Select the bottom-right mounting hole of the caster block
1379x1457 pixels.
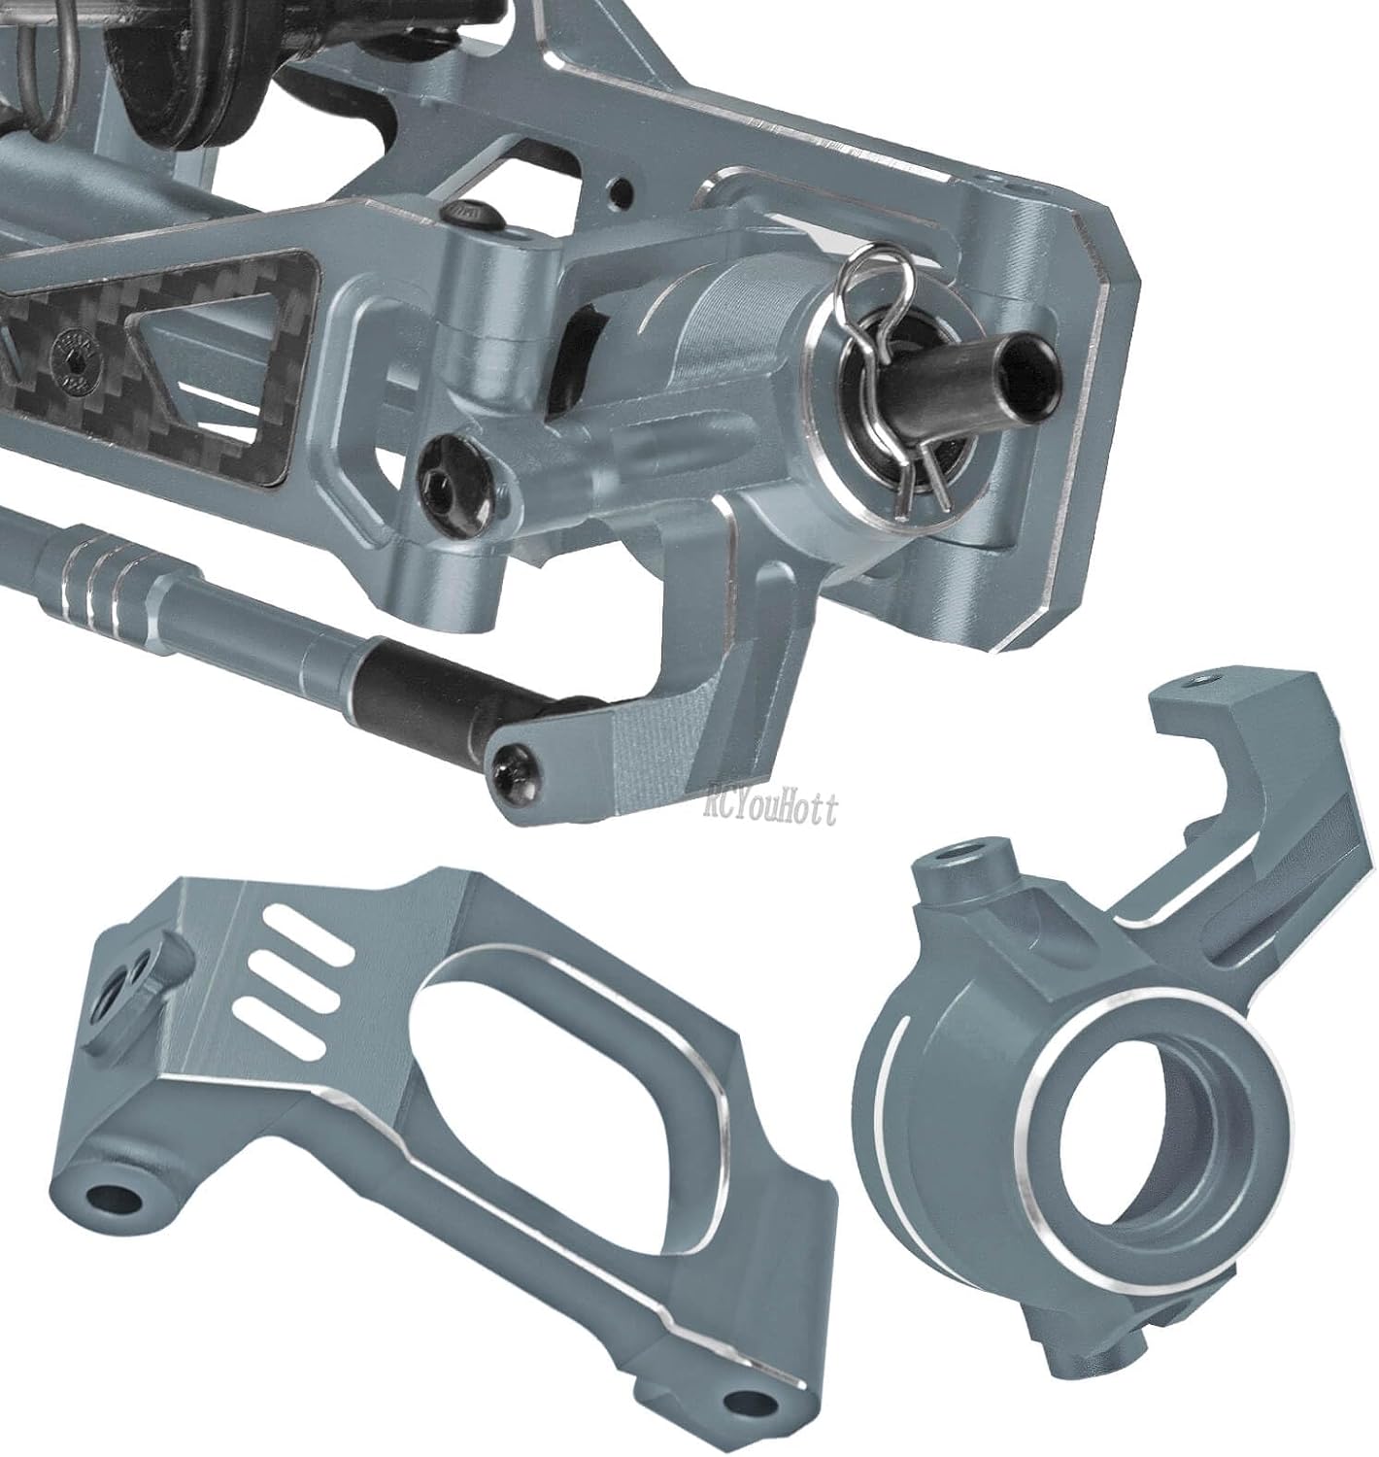tap(745, 1402)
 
